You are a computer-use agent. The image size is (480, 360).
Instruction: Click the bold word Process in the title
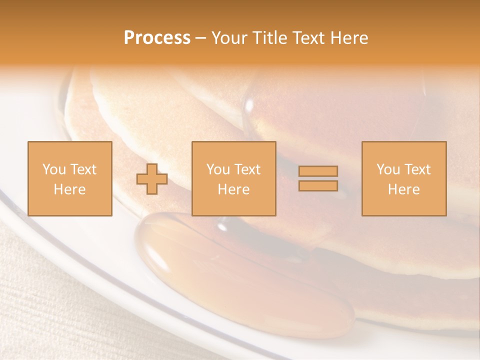(157, 38)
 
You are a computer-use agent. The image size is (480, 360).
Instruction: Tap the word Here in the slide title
(349, 38)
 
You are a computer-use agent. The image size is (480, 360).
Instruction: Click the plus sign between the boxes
(152, 179)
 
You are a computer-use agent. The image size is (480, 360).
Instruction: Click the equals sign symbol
(318, 178)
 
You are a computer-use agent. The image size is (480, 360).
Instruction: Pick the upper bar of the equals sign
(318, 171)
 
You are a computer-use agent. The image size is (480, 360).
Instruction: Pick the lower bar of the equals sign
(318, 186)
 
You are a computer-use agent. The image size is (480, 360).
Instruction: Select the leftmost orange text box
(69, 178)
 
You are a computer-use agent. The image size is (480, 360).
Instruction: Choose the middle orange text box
(233, 178)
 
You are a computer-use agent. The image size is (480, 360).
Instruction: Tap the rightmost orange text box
(403, 178)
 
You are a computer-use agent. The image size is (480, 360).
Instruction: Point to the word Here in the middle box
(233, 189)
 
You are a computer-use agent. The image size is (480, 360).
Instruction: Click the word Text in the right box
(418, 169)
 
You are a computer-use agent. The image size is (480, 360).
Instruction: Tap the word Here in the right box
(403, 189)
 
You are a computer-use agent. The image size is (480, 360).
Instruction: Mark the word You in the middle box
(218, 169)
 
